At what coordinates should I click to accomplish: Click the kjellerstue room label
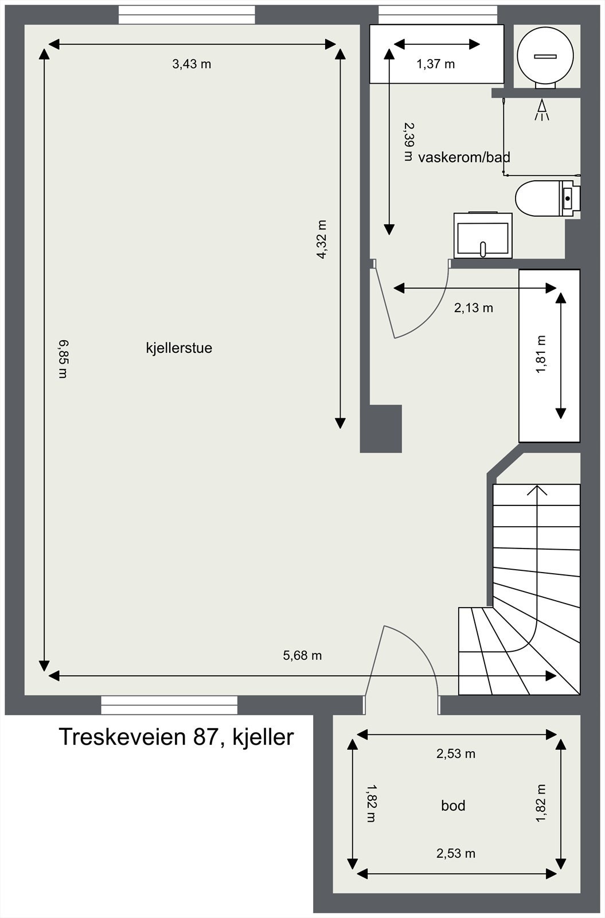179,348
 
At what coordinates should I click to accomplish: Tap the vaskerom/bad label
464,157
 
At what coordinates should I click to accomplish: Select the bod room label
453,806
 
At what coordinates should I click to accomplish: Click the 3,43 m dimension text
192,64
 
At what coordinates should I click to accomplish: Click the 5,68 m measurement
302,655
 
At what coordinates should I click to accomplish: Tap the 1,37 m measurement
435,64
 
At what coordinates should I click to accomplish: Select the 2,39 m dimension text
408,141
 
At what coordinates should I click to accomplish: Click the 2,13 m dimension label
474,308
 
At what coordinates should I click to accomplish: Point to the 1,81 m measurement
541,355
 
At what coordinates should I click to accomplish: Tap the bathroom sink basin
483,236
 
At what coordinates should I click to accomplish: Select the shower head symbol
541,110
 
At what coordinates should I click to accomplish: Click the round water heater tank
545,55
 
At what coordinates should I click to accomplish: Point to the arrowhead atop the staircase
537,489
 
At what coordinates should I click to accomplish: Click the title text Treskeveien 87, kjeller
176,737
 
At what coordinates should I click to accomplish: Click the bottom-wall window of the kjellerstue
169,705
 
